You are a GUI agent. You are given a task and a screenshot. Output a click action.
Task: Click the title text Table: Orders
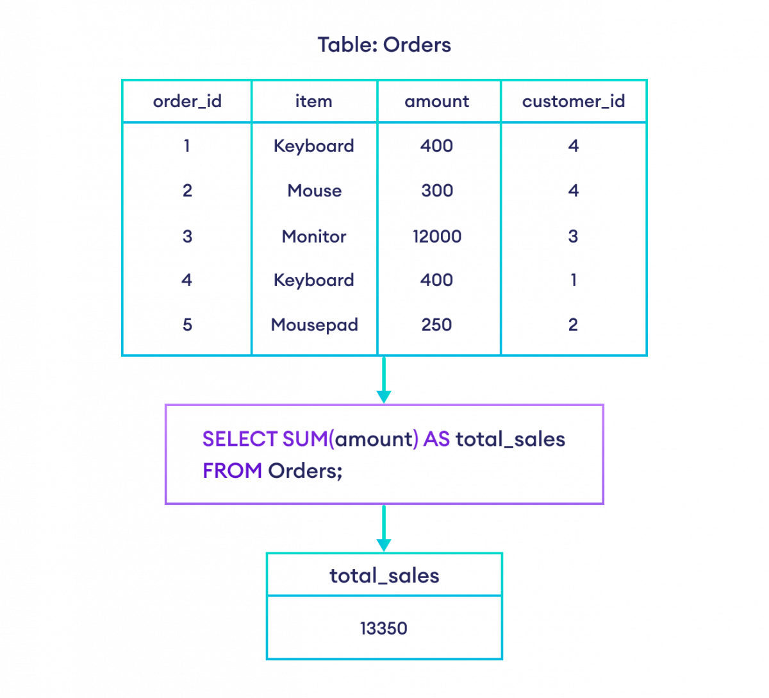384,46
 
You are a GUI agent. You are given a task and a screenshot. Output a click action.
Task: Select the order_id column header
187,101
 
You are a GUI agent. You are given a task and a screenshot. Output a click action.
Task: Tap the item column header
315,101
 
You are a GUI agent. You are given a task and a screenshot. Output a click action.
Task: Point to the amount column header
438,101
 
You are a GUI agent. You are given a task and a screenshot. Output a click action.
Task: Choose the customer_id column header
574,101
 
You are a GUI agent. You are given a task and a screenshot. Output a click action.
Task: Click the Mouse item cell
315,191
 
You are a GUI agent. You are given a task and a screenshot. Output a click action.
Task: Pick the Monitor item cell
315,235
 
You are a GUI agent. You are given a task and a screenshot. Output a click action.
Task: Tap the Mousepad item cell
315,324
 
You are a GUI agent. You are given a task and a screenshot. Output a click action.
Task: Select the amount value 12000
438,235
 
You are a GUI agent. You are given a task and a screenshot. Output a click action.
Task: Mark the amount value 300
438,191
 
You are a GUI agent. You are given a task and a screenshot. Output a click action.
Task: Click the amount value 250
438,324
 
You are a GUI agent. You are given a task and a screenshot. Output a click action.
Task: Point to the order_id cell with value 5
187,324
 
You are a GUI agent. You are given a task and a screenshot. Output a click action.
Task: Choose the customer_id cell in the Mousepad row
574,324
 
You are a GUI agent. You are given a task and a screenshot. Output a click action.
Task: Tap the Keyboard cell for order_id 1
315,146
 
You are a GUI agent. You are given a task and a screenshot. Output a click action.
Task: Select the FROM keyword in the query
232,472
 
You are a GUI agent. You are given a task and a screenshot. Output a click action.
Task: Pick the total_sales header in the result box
384,575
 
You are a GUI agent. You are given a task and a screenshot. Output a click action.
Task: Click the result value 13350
384,629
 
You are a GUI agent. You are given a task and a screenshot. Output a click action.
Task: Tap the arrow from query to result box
383,529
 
